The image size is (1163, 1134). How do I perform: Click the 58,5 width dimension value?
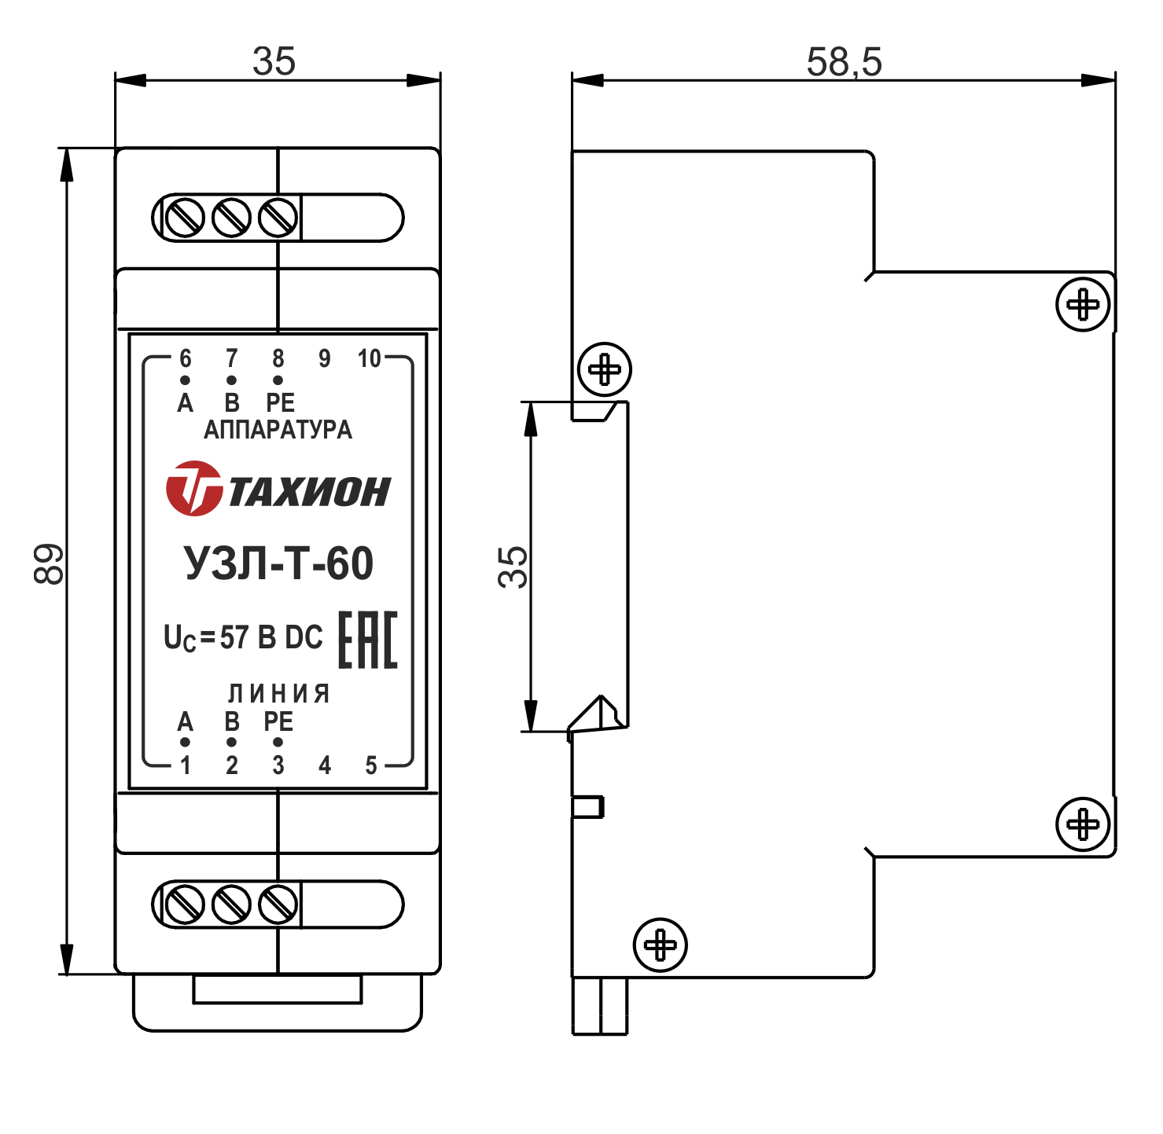click(844, 62)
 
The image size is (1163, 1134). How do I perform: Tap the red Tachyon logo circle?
click(193, 489)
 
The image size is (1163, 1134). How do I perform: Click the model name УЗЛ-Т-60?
click(278, 563)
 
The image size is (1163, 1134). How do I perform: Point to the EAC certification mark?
click(368, 640)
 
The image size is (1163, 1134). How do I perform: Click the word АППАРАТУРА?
click(278, 430)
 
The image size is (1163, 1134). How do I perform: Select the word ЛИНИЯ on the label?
click(278, 693)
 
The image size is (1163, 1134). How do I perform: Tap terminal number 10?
click(369, 359)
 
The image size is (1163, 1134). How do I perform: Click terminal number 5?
click(371, 765)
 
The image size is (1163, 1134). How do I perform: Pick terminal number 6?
click(186, 359)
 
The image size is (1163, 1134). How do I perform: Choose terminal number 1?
click(186, 765)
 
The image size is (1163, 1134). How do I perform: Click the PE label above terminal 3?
click(278, 721)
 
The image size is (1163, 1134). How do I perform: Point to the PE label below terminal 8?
click(280, 403)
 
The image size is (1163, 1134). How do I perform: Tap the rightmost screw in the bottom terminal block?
click(278, 905)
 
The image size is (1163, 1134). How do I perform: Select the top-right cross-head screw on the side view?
click(1083, 304)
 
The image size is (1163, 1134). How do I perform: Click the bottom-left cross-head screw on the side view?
click(661, 945)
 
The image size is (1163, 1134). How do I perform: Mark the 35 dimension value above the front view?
click(274, 61)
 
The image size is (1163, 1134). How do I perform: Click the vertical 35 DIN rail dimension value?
click(513, 567)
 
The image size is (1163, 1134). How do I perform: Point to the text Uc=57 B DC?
click(243, 638)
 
